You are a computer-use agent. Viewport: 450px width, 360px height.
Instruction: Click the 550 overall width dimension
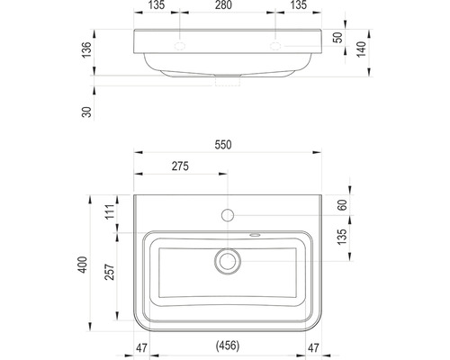tap(223, 145)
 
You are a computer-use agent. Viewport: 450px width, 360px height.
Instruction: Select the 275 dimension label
tap(180, 166)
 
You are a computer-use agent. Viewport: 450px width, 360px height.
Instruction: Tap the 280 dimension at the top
tap(223, 5)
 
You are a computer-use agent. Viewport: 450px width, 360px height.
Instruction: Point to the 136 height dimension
tap(86, 49)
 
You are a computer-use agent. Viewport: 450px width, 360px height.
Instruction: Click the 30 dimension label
tap(86, 112)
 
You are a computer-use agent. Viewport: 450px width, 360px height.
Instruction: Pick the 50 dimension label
tap(338, 38)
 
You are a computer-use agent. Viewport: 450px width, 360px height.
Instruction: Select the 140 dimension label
tap(362, 49)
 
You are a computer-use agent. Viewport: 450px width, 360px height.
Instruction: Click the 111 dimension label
tap(110, 211)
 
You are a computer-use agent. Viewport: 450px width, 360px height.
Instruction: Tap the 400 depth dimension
tap(83, 265)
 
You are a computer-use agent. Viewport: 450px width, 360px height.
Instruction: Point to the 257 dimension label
tap(110, 272)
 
